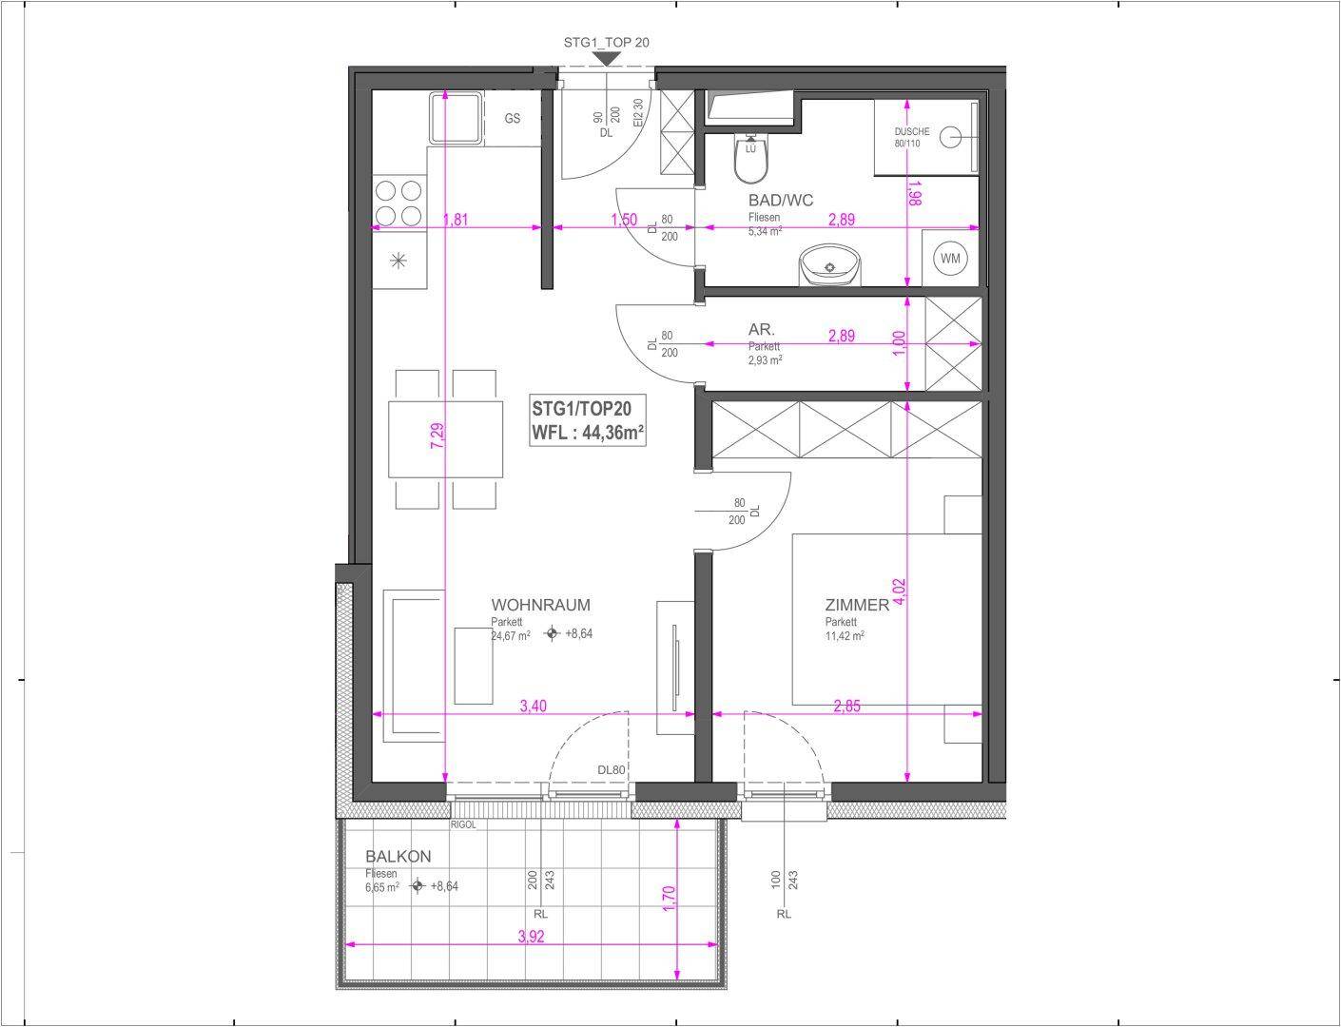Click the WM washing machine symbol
click(950, 258)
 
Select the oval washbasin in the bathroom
click(830, 266)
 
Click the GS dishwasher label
click(513, 118)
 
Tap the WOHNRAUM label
click(540, 605)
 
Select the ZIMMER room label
click(857, 605)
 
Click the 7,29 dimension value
click(437, 436)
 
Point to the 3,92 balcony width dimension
click(532, 937)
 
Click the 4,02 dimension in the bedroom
click(899, 591)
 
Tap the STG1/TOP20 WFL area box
click(588, 420)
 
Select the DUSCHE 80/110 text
click(911, 137)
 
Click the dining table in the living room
click(445, 439)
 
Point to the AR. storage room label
click(761, 329)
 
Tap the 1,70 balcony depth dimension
click(669, 899)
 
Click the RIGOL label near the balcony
click(463, 824)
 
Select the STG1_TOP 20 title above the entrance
click(606, 42)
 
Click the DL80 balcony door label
click(611, 770)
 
